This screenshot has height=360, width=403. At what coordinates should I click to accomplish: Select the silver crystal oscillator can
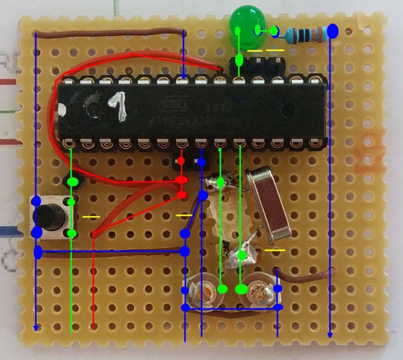click(x=268, y=201)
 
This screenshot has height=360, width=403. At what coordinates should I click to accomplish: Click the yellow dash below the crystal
click(x=274, y=250)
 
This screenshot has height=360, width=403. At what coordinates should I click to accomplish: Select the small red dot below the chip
click(x=181, y=160)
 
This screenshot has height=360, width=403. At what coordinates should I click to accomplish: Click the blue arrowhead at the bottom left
click(x=36, y=328)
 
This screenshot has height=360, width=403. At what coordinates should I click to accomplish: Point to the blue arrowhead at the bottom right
click(x=330, y=335)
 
